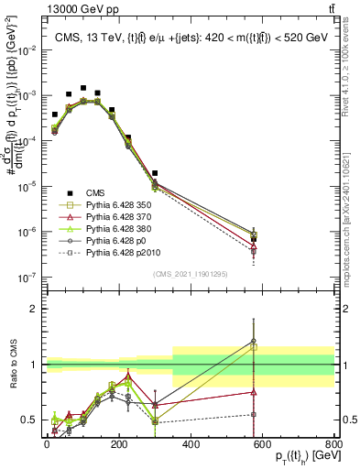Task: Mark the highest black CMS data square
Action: (x=83, y=89)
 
